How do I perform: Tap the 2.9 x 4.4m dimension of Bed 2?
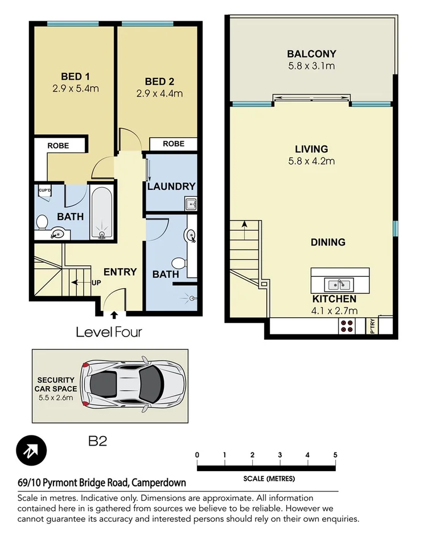point(159,93)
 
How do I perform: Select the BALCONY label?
point(311,55)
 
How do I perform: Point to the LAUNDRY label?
point(171,186)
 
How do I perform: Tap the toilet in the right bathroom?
point(179,263)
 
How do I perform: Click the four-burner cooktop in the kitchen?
point(347,325)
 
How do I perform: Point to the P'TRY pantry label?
point(373,325)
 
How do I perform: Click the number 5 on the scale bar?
point(335,455)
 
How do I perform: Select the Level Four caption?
point(109,332)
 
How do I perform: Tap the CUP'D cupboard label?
point(44,190)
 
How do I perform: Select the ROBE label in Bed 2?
point(174,144)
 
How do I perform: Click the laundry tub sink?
point(190,203)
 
